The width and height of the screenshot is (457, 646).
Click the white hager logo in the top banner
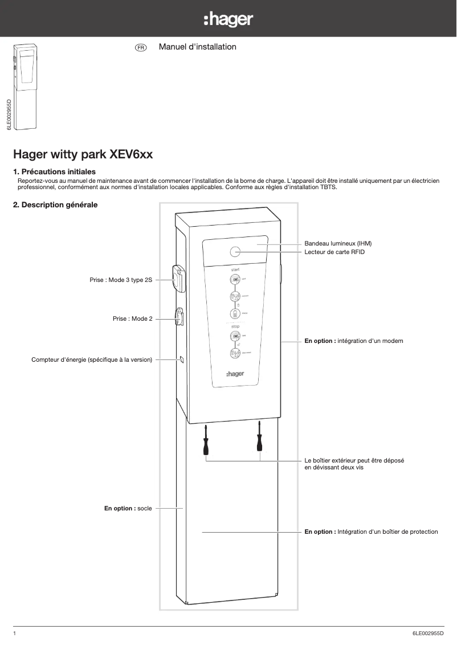(228, 20)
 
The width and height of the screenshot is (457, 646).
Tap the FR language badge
(140, 47)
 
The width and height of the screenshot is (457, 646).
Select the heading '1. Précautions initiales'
(54, 171)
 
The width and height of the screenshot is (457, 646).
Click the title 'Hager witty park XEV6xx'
(83, 154)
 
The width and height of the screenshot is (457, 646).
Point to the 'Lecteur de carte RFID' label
(334, 252)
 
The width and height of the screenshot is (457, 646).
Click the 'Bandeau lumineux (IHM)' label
(338, 243)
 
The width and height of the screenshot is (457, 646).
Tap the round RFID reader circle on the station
(235, 252)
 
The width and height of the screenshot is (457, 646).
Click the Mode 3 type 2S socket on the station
(178, 279)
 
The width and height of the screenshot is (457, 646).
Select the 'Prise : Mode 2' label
(132, 319)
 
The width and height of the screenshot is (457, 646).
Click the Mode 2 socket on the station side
(178, 317)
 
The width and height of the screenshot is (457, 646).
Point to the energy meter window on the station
(181, 359)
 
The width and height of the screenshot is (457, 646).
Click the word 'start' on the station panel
(235, 268)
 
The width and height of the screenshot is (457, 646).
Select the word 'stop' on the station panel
(235, 326)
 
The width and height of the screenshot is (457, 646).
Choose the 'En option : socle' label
(128, 508)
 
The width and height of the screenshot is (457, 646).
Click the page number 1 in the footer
(15, 633)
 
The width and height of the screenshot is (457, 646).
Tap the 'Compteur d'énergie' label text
(91, 359)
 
